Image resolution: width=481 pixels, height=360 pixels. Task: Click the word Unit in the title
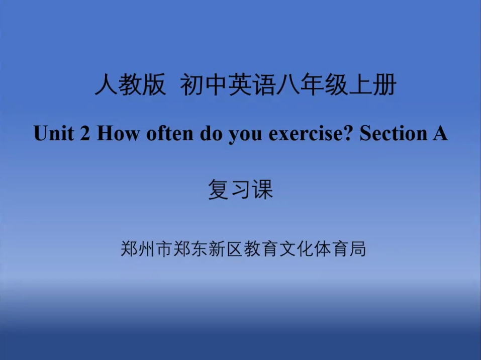54,133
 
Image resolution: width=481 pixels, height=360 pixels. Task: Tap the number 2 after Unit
84,133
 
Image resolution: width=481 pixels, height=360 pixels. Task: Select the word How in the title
118,133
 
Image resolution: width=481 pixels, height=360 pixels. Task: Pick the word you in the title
245,135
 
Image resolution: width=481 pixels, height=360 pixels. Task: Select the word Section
393,133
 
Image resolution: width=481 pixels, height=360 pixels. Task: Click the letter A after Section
440,133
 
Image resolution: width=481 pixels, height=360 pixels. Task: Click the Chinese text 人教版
130,84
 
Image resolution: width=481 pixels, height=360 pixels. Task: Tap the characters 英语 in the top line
252,84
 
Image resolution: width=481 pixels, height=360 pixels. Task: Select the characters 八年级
312,84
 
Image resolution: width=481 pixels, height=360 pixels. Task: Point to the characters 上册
372,84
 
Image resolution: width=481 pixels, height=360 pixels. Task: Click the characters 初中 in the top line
204,84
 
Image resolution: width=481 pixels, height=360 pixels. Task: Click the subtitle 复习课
240,189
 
